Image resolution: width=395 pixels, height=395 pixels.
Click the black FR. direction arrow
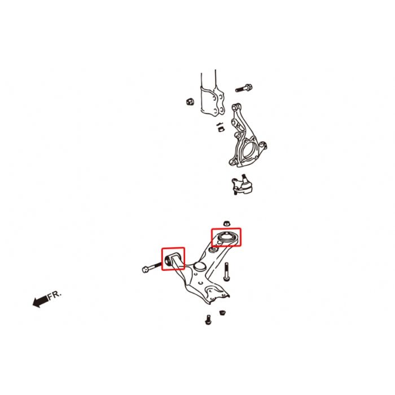pos(40,301)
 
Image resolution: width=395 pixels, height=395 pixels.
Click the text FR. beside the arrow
pos(55,295)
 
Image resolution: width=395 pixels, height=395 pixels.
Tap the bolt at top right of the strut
pos(244,89)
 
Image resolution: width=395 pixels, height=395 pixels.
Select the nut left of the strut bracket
pos(190,102)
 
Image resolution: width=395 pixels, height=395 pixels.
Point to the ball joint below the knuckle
pos(242,186)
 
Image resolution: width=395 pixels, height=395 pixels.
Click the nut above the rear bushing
pos(227,223)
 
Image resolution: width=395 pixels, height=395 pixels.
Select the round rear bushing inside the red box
pos(226,238)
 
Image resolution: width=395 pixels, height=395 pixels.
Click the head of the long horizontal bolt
pos(146,270)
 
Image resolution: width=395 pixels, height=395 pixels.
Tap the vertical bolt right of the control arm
pos(227,271)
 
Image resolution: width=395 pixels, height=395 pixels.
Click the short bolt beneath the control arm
pos(208,320)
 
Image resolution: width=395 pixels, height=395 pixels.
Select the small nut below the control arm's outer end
pos(222,313)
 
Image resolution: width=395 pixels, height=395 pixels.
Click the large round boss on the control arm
pos(199,266)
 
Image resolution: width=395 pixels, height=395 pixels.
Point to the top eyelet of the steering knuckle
pos(235,108)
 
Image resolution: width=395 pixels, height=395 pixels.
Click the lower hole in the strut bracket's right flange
pos(221,109)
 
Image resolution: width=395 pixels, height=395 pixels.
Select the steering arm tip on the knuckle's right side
pos(264,146)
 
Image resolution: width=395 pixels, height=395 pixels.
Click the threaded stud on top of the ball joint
pos(244,177)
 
